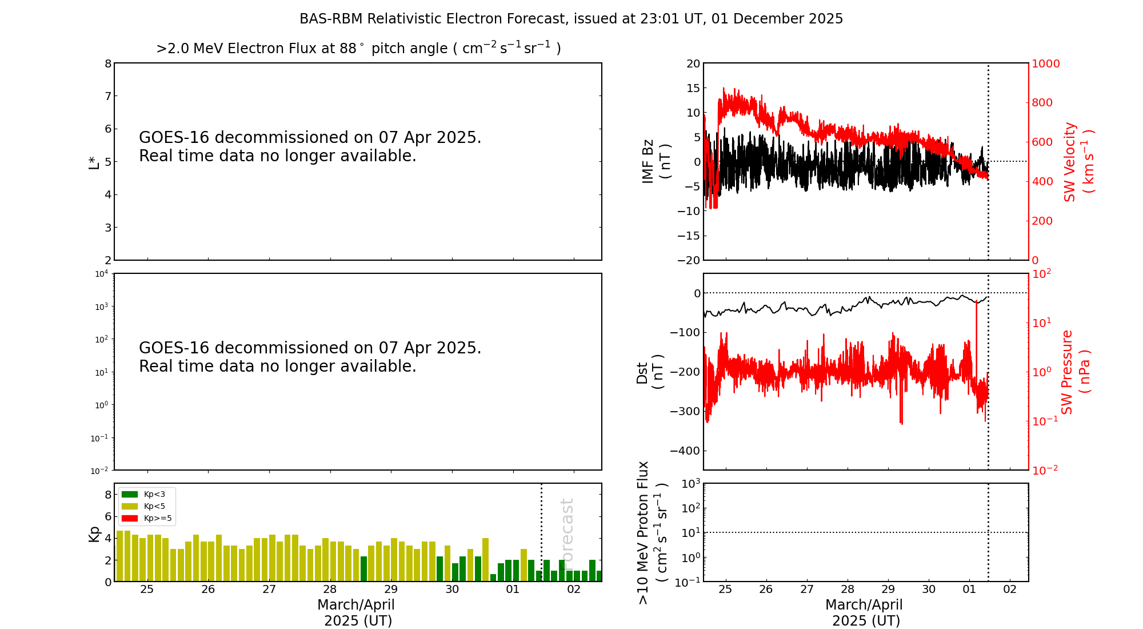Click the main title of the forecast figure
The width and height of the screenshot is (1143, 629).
(571, 19)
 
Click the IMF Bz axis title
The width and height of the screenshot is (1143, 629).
(656, 161)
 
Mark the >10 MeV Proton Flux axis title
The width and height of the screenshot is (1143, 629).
(652, 532)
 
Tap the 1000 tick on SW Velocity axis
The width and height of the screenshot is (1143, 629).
(1045, 63)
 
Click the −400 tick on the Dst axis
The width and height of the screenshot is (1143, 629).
(685, 451)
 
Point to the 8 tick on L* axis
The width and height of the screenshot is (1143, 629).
(107, 63)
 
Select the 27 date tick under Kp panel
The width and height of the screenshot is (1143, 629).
(269, 590)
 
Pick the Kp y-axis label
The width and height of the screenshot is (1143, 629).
(94, 534)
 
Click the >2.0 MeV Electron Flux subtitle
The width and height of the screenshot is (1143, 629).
(358, 49)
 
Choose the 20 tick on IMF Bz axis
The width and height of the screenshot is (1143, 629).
(693, 63)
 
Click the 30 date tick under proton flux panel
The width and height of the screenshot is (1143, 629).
(929, 590)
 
